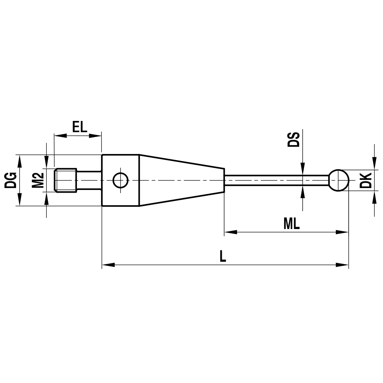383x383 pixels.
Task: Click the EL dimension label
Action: click(80, 127)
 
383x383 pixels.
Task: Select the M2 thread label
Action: click(38, 180)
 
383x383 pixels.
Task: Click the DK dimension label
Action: click(366, 180)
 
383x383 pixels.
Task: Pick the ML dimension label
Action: click(291, 224)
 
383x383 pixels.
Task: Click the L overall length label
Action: click(223, 256)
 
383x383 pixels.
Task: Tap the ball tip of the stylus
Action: click(339, 180)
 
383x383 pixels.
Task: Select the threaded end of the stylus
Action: click(66, 180)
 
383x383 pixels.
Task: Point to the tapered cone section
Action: click(180, 180)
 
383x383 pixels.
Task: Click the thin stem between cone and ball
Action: click(276, 180)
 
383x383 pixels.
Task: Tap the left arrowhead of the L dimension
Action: click(108, 265)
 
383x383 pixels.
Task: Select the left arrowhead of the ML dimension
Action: click(230, 232)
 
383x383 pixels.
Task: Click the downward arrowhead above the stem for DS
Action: click(303, 169)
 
